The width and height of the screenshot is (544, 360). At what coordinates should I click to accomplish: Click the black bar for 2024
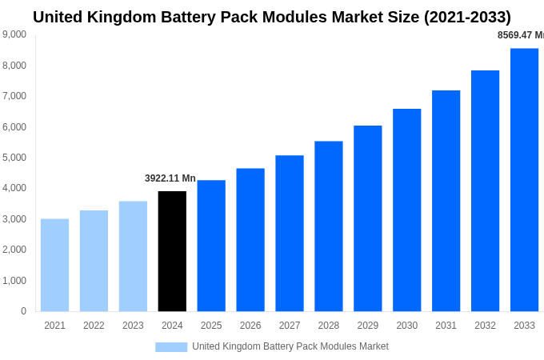172,251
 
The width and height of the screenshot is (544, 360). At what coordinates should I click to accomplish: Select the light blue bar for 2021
54,265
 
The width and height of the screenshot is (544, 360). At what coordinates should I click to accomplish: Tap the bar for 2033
524,180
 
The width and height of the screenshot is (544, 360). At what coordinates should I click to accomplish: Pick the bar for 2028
329,226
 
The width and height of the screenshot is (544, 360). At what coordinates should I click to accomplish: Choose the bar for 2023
133,256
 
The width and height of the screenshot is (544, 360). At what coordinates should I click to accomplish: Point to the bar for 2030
406,210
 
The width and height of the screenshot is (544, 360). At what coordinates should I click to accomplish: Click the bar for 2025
211,246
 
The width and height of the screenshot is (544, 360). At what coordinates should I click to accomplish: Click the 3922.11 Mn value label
170,178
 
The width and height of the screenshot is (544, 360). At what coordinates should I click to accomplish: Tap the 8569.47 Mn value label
520,35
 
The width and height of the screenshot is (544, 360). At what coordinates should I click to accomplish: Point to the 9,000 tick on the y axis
14,34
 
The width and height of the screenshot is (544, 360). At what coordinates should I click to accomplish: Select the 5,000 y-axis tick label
14,158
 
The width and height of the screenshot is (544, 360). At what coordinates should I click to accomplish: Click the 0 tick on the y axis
23,311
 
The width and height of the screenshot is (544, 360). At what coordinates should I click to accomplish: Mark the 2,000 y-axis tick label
14,250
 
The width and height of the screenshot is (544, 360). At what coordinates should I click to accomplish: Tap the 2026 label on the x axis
250,326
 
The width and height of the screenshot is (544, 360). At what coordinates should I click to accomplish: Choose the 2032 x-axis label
485,326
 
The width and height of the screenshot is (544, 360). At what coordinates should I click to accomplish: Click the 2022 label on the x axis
94,326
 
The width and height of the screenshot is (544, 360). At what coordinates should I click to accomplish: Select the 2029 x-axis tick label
367,326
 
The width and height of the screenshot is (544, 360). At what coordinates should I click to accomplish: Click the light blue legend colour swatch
171,347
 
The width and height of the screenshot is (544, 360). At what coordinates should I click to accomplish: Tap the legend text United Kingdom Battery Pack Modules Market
290,346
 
